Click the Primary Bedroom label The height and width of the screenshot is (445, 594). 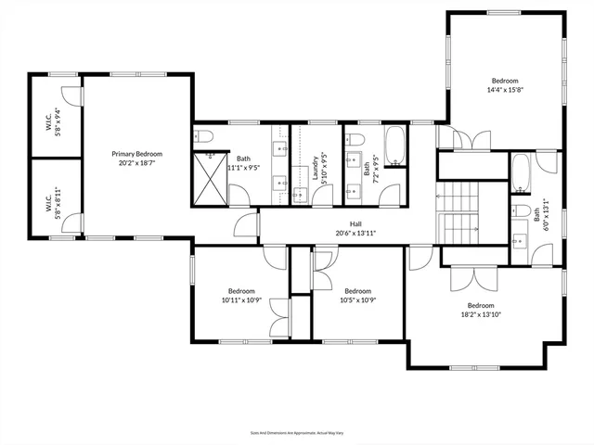pos(137,154)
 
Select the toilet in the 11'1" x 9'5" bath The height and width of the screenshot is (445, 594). pos(205,137)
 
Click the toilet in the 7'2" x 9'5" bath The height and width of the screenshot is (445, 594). pos(355,139)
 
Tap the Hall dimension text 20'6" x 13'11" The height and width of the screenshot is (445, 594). pos(355,234)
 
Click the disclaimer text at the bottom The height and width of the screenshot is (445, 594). pos(297,432)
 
